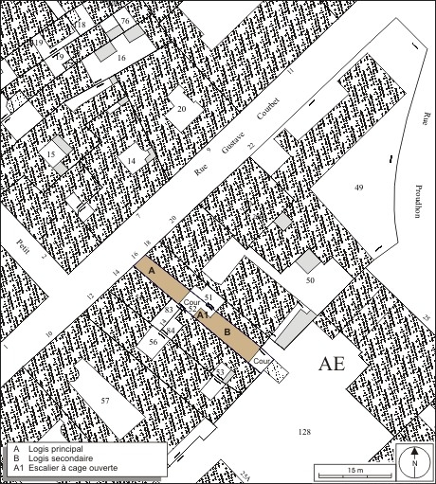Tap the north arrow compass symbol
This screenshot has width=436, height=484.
point(413,462)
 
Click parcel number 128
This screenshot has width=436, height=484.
point(304,431)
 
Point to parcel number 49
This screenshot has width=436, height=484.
point(358,188)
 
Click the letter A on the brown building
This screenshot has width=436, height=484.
point(151,271)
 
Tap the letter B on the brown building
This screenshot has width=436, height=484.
point(227,332)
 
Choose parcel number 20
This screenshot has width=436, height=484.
point(181,109)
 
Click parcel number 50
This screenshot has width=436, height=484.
point(309,281)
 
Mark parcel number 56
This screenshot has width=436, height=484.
point(153,341)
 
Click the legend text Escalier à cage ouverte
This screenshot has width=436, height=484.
point(67,467)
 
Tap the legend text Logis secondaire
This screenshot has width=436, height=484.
point(56,457)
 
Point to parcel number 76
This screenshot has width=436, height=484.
point(125,21)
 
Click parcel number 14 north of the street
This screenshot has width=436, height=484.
point(132,162)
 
